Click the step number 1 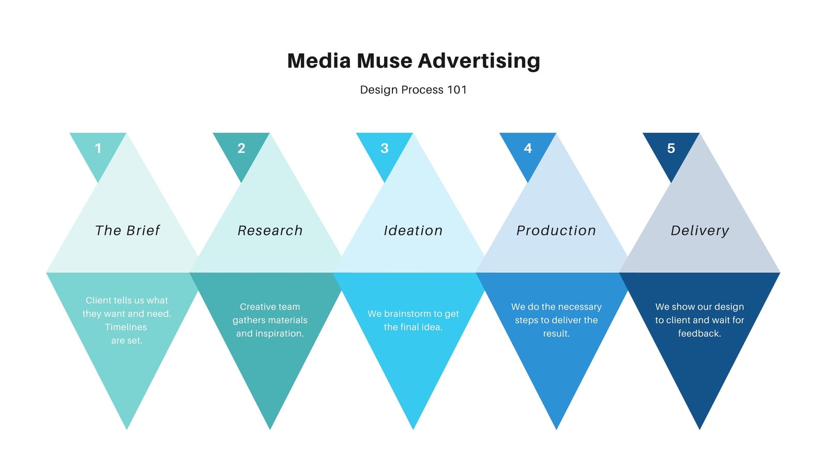(98, 148)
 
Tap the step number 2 (241, 148)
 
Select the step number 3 (385, 148)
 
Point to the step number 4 (528, 148)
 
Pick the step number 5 (671, 148)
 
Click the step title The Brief (127, 230)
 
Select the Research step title (270, 230)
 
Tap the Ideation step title (413, 230)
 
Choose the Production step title (556, 230)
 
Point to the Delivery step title (700, 230)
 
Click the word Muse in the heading (384, 60)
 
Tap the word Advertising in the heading (479, 61)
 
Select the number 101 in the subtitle (457, 90)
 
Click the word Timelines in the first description (126, 327)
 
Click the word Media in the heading (319, 60)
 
